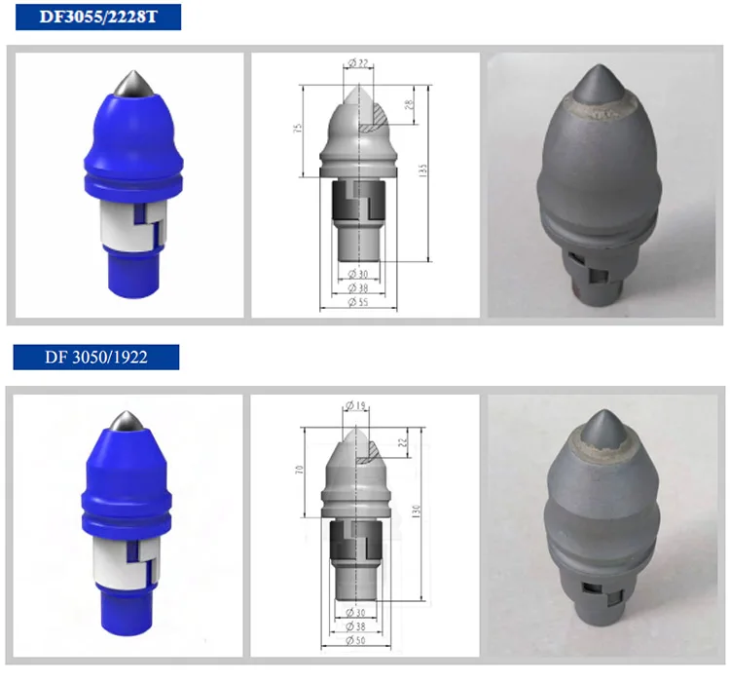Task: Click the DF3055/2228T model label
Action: (x=95, y=18)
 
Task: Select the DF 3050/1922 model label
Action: (x=95, y=357)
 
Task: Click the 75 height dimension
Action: (x=303, y=128)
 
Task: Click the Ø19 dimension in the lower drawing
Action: (x=354, y=405)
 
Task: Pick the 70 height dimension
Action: (x=303, y=470)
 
